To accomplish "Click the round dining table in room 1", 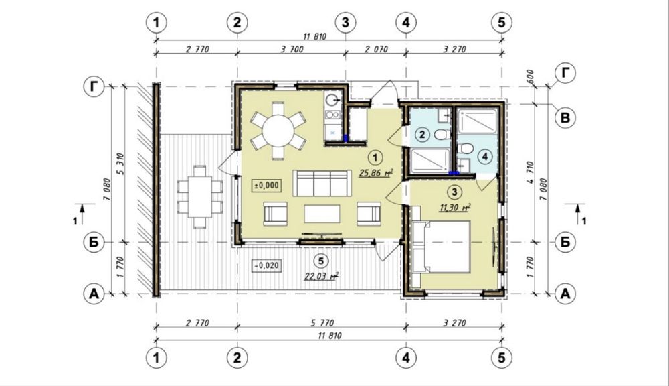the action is click(278, 131).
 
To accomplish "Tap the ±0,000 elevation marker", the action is click(267, 186).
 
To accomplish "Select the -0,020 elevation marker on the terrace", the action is click(267, 265).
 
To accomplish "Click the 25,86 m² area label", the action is click(375, 173).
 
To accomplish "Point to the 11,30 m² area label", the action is click(455, 207).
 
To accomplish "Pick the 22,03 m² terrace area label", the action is click(321, 276).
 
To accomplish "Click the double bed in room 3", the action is click(441, 247).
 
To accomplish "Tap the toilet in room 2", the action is click(442, 135).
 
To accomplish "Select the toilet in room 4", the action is click(466, 149).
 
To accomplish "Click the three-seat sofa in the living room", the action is click(322, 183).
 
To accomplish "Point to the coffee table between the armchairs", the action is click(322, 214).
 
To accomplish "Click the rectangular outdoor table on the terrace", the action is click(199, 196).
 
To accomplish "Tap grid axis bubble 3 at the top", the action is click(345, 22).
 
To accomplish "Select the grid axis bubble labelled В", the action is click(565, 117).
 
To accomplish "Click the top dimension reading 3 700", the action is click(292, 49).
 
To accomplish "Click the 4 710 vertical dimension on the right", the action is click(530, 173).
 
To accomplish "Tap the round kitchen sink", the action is click(332, 101).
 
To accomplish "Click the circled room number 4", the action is click(485, 157).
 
